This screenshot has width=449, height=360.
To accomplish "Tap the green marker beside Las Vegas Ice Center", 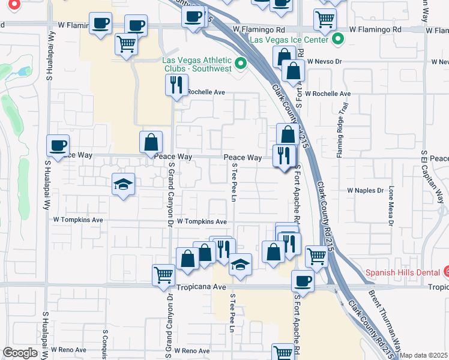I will point(338,40).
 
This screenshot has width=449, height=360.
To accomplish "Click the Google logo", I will point(20,353).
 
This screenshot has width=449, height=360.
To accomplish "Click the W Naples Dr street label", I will point(365,190).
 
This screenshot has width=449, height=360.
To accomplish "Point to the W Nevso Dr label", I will point(324,61).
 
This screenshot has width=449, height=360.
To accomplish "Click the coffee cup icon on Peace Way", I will point(58,146).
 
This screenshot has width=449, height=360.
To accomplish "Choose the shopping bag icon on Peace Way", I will point(151,142).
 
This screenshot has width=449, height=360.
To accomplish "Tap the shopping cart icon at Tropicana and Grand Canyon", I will point(163,274).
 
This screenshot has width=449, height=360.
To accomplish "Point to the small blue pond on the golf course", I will point(25,71).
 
